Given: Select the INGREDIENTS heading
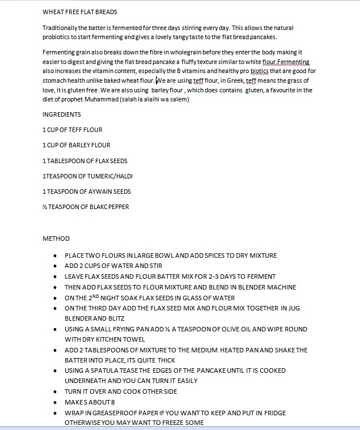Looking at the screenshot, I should [x=61, y=114].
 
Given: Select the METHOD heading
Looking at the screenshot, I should [x=56, y=239].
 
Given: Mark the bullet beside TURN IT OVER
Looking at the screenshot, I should [x=54, y=392].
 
